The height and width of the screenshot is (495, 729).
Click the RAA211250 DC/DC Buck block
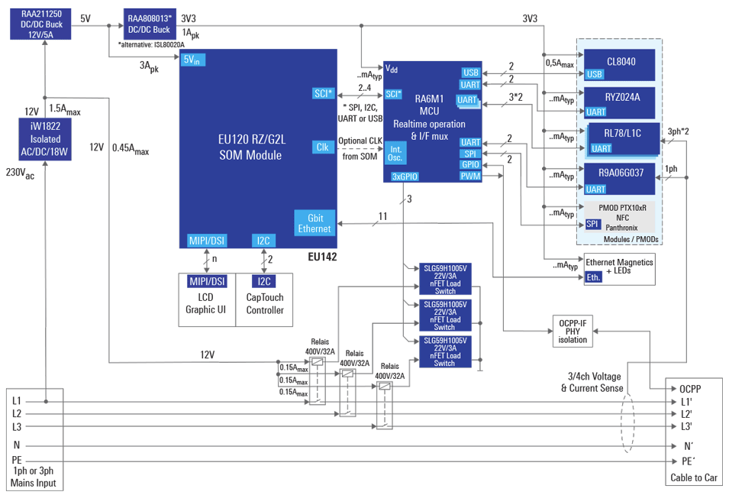47,24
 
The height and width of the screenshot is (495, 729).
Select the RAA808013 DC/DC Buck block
151,24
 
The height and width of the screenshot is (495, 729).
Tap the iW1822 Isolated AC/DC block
45,140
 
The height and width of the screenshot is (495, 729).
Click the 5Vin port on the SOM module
192,61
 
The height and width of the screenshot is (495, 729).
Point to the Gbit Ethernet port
314,222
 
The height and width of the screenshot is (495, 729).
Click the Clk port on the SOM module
322,147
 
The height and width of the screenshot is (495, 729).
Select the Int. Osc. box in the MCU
395,153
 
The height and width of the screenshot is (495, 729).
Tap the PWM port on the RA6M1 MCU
470,176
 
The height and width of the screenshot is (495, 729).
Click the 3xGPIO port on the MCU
405,176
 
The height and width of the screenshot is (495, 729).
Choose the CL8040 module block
620,61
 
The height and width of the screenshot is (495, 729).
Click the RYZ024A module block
620,97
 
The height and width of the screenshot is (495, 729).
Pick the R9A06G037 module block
620,173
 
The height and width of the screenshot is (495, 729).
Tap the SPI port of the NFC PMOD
592,224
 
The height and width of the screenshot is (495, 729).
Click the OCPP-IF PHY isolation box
573,330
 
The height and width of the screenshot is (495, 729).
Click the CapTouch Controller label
265,304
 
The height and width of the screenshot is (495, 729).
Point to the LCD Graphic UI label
206,304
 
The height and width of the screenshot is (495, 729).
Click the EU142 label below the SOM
321,257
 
